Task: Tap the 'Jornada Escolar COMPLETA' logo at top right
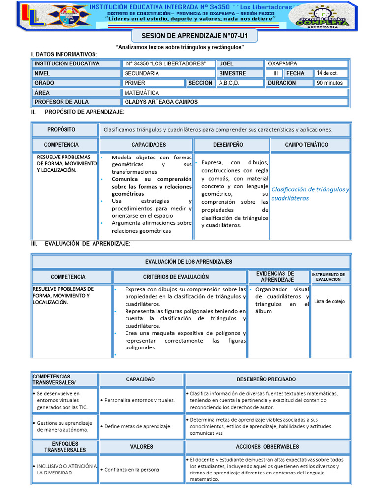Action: pos(320,17)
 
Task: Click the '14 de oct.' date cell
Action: pos(332,73)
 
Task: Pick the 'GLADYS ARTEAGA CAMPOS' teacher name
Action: pos(161,102)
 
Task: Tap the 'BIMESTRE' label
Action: pos(232,73)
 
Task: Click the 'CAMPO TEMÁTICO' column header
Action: pos(310,145)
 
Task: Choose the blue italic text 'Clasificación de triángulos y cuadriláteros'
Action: pos(310,194)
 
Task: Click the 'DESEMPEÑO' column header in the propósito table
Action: pos(231,145)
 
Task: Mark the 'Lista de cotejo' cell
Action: pos(330,301)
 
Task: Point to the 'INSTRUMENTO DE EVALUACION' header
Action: pos(331,277)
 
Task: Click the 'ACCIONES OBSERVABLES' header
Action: pos(267,446)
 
